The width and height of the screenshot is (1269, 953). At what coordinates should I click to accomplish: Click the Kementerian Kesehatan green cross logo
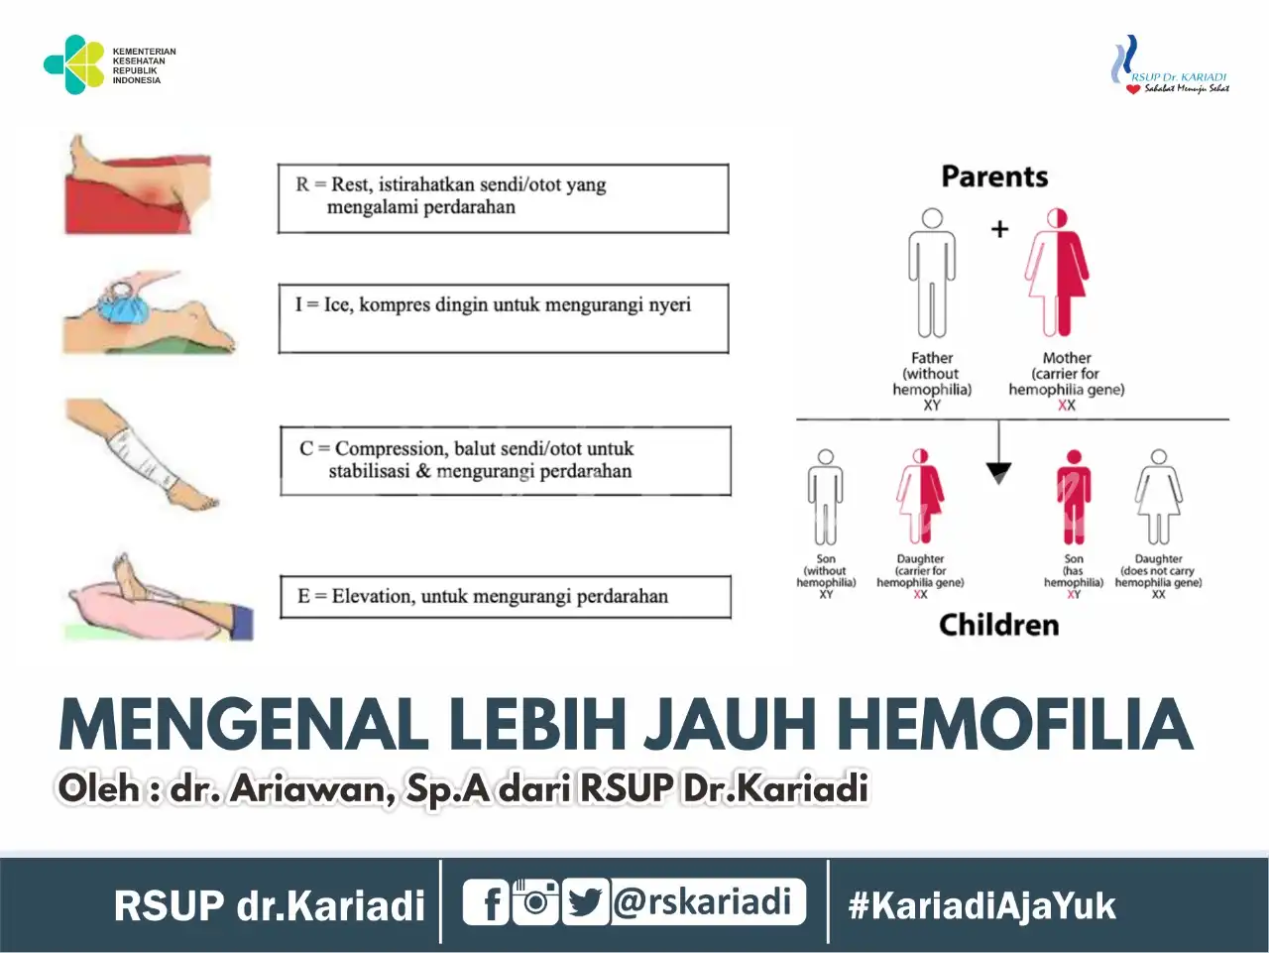[x=74, y=64]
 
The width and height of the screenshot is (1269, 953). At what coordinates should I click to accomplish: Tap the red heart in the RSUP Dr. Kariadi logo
[x=1133, y=89]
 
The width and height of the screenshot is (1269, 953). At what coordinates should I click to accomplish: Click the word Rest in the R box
[x=350, y=185]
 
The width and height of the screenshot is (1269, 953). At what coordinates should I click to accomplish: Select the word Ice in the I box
[x=336, y=304]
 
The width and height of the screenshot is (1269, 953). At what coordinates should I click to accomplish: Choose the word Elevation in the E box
[x=373, y=596]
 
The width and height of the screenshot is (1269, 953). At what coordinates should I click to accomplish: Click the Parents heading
[x=994, y=177]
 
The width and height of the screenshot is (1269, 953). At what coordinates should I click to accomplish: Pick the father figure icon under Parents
[x=932, y=273]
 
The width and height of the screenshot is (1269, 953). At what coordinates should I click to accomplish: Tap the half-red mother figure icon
[x=1057, y=273]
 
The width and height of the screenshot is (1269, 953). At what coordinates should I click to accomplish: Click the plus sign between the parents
[x=999, y=230]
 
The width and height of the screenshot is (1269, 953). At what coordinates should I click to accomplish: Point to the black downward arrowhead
[x=998, y=473]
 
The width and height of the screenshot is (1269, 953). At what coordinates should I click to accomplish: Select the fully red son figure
[x=1074, y=497]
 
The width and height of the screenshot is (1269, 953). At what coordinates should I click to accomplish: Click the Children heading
[x=999, y=625]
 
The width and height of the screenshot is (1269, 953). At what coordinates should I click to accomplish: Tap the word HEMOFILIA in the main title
[x=1015, y=724]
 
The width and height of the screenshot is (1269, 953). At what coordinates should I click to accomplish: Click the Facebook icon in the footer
[x=486, y=901]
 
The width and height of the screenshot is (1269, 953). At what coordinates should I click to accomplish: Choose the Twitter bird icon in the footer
[x=586, y=901]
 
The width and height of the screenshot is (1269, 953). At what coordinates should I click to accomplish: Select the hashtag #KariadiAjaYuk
[x=981, y=905]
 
